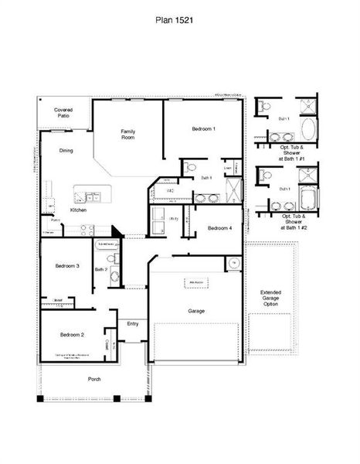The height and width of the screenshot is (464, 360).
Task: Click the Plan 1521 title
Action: (179, 24)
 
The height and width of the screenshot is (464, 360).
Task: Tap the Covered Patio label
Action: (63, 113)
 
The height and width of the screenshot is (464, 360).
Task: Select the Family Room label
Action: (128, 135)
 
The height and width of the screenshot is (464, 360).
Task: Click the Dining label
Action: (66, 151)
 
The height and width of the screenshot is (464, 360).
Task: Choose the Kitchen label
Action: (78, 210)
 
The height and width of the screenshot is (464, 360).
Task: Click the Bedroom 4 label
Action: (219, 228)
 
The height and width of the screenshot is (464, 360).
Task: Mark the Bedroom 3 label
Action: (66, 266)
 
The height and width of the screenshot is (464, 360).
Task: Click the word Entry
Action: (133, 324)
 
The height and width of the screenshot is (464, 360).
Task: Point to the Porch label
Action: (94, 379)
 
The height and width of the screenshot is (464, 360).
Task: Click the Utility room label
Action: (175, 220)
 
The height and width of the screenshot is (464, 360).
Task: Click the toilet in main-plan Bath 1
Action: (191, 166)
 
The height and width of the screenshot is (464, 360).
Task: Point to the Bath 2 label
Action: (100, 269)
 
